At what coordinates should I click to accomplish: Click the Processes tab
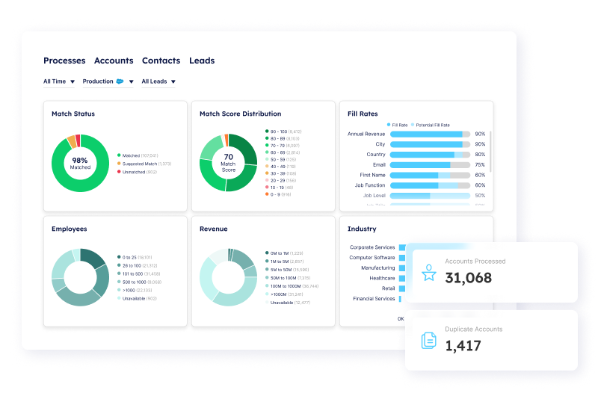coord(64,61)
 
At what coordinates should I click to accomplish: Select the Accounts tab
coord(114,61)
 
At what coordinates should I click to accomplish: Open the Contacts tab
coord(161,61)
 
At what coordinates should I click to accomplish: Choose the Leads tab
coord(202,61)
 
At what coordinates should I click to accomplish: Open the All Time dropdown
coord(59,81)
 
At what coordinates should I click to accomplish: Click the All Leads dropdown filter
coord(158,81)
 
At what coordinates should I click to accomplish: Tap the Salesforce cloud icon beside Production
coord(120,81)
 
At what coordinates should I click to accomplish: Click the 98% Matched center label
coord(80,164)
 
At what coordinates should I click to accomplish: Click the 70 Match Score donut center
coord(228,163)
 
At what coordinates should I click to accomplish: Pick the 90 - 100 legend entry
coord(284,131)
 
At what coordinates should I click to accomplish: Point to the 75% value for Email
coord(480,165)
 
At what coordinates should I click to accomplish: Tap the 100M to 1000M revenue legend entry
coord(293,285)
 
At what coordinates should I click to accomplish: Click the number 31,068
coord(469,278)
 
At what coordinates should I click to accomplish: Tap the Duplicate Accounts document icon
coord(429,341)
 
